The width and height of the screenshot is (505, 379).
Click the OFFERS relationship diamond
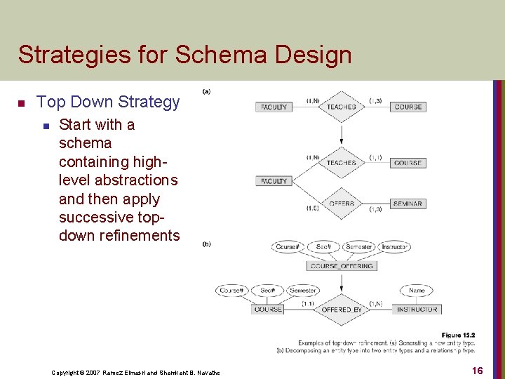point(342,204)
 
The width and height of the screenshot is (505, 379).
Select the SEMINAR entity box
point(408,204)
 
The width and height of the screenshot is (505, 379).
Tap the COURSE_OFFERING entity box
point(342,266)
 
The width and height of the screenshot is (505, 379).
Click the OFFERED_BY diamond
point(342,310)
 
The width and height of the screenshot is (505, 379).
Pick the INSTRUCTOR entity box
point(417,310)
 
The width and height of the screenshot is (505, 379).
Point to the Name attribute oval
point(417,291)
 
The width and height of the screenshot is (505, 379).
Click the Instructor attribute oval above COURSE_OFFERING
point(395,247)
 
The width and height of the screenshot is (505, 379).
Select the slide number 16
point(476,371)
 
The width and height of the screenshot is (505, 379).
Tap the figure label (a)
point(207,91)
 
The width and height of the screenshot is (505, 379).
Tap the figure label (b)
point(207,244)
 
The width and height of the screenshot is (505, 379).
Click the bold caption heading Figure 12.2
point(458,335)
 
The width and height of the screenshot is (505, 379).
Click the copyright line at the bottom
point(135,372)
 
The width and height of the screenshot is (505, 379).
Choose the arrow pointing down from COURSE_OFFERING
point(342,281)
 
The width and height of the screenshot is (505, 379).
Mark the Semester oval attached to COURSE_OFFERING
point(359,247)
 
